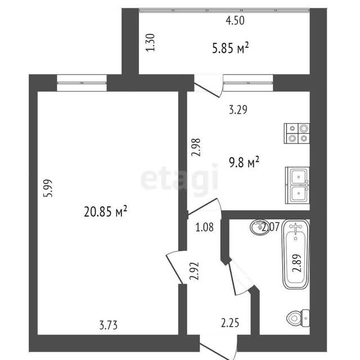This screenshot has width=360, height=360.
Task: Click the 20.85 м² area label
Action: tap(105, 211)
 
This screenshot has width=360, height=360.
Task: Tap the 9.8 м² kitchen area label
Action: tap(244, 162)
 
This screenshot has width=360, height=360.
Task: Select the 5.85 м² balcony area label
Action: tap(230, 48)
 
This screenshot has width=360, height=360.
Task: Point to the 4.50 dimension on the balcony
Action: tap(235, 20)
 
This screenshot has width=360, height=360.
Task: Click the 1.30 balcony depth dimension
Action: tap(151, 43)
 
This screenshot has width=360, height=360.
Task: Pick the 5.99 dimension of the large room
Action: tap(48, 188)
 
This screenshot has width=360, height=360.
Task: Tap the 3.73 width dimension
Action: tap(109, 325)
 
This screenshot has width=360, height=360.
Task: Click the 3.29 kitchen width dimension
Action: tap(238, 110)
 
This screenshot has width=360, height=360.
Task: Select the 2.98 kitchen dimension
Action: tap(196, 147)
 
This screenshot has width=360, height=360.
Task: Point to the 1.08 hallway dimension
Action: tap(205, 227)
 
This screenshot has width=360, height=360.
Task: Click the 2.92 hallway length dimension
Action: tap(194, 271)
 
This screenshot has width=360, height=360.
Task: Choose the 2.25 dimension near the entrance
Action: tap(230, 323)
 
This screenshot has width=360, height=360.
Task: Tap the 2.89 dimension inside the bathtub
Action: tap(296, 263)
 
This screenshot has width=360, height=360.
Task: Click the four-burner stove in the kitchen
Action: tap(296, 133)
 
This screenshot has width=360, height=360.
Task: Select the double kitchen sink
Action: tap(298, 185)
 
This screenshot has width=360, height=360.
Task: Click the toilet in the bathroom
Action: tap(298, 318)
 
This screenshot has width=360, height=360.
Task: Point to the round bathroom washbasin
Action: tap(259, 227)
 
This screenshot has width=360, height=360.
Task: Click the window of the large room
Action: tap(82, 83)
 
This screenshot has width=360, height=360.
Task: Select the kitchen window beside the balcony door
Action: tap(248, 83)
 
